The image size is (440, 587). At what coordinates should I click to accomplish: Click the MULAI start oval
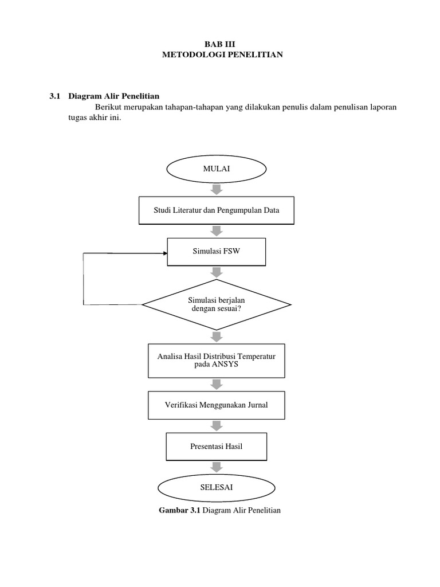(216, 170)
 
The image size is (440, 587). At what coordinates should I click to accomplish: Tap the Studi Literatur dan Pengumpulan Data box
(216, 210)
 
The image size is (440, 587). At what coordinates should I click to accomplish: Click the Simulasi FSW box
(216, 252)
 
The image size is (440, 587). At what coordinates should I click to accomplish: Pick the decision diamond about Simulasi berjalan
(216, 304)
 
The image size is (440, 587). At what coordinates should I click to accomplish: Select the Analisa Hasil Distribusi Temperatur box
(216, 361)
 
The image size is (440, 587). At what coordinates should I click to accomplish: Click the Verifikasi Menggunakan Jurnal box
(216, 405)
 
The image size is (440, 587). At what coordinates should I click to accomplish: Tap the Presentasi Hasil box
(216, 446)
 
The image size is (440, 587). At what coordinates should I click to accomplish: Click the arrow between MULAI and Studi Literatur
(216, 190)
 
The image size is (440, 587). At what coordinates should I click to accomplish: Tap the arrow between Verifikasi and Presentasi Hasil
(216, 425)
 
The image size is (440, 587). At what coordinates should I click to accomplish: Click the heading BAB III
(220, 44)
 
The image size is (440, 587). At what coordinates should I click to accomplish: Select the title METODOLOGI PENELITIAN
(220, 54)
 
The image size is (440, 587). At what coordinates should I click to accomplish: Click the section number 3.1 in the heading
(55, 96)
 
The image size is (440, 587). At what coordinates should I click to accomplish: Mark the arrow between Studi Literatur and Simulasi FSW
(216, 230)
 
